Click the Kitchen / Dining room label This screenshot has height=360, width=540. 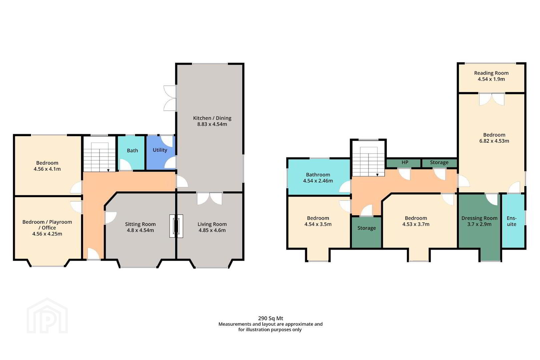[x=212, y=118]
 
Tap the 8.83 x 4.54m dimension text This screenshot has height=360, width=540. [x=212, y=124]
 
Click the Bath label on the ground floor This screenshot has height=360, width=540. [x=132, y=151]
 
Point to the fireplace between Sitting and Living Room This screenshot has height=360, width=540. [x=176, y=226]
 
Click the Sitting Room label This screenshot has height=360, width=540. [x=140, y=224]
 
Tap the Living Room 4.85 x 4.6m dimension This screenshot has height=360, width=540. [x=212, y=230]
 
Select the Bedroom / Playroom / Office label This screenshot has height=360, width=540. [x=47, y=225]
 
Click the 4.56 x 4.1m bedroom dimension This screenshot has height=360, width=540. [x=47, y=169]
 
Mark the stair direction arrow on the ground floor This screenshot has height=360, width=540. [x=108, y=170]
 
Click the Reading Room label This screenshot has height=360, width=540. [x=491, y=73]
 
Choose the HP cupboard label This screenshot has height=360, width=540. [x=405, y=162]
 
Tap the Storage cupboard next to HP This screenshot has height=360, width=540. [x=439, y=163]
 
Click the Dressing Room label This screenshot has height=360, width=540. [x=479, y=218]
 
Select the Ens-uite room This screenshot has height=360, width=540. [x=513, y=221]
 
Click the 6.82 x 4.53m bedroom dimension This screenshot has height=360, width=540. [x=494, y=141]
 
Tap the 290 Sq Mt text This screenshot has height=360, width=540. [x=271, y=318]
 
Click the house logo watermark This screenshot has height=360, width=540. [x=47, y=316]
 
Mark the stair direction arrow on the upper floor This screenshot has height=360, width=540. [x=377, y=175]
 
